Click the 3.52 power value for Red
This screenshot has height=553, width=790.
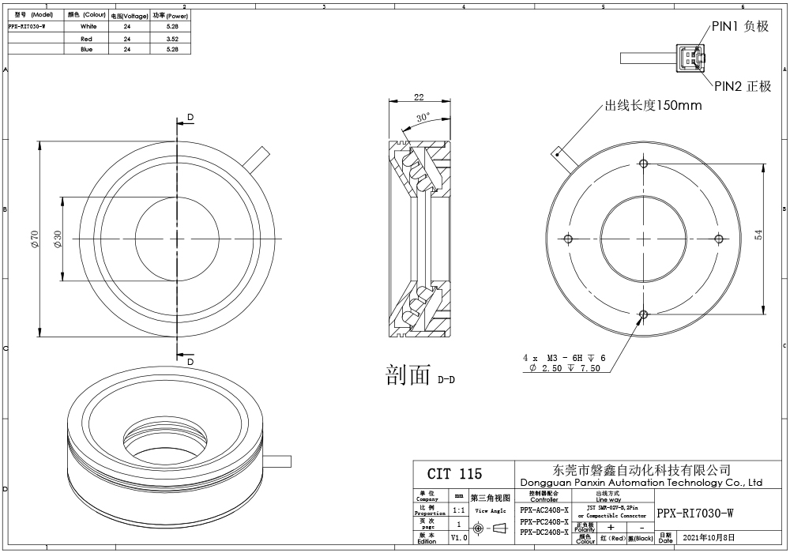(x=173, y=38)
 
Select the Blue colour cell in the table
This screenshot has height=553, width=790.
(x=87, y=49)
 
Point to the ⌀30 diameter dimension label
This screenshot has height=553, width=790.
(x=58, y=239)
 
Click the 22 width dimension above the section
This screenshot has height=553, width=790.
(x=419, y=98)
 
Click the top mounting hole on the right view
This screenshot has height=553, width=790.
(x=644, y=164)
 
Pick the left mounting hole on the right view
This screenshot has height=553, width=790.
(x=569, y=239)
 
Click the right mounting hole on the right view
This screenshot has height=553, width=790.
(x=719, y=239)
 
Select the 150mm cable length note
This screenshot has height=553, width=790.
(x=653, y=106)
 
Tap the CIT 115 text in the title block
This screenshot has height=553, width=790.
(x=453, y=474)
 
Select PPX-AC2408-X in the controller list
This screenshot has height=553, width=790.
(x=544, y=511)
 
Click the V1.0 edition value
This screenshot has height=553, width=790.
(x=459, y=537)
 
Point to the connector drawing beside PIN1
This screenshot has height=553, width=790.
(x=690, y=58)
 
